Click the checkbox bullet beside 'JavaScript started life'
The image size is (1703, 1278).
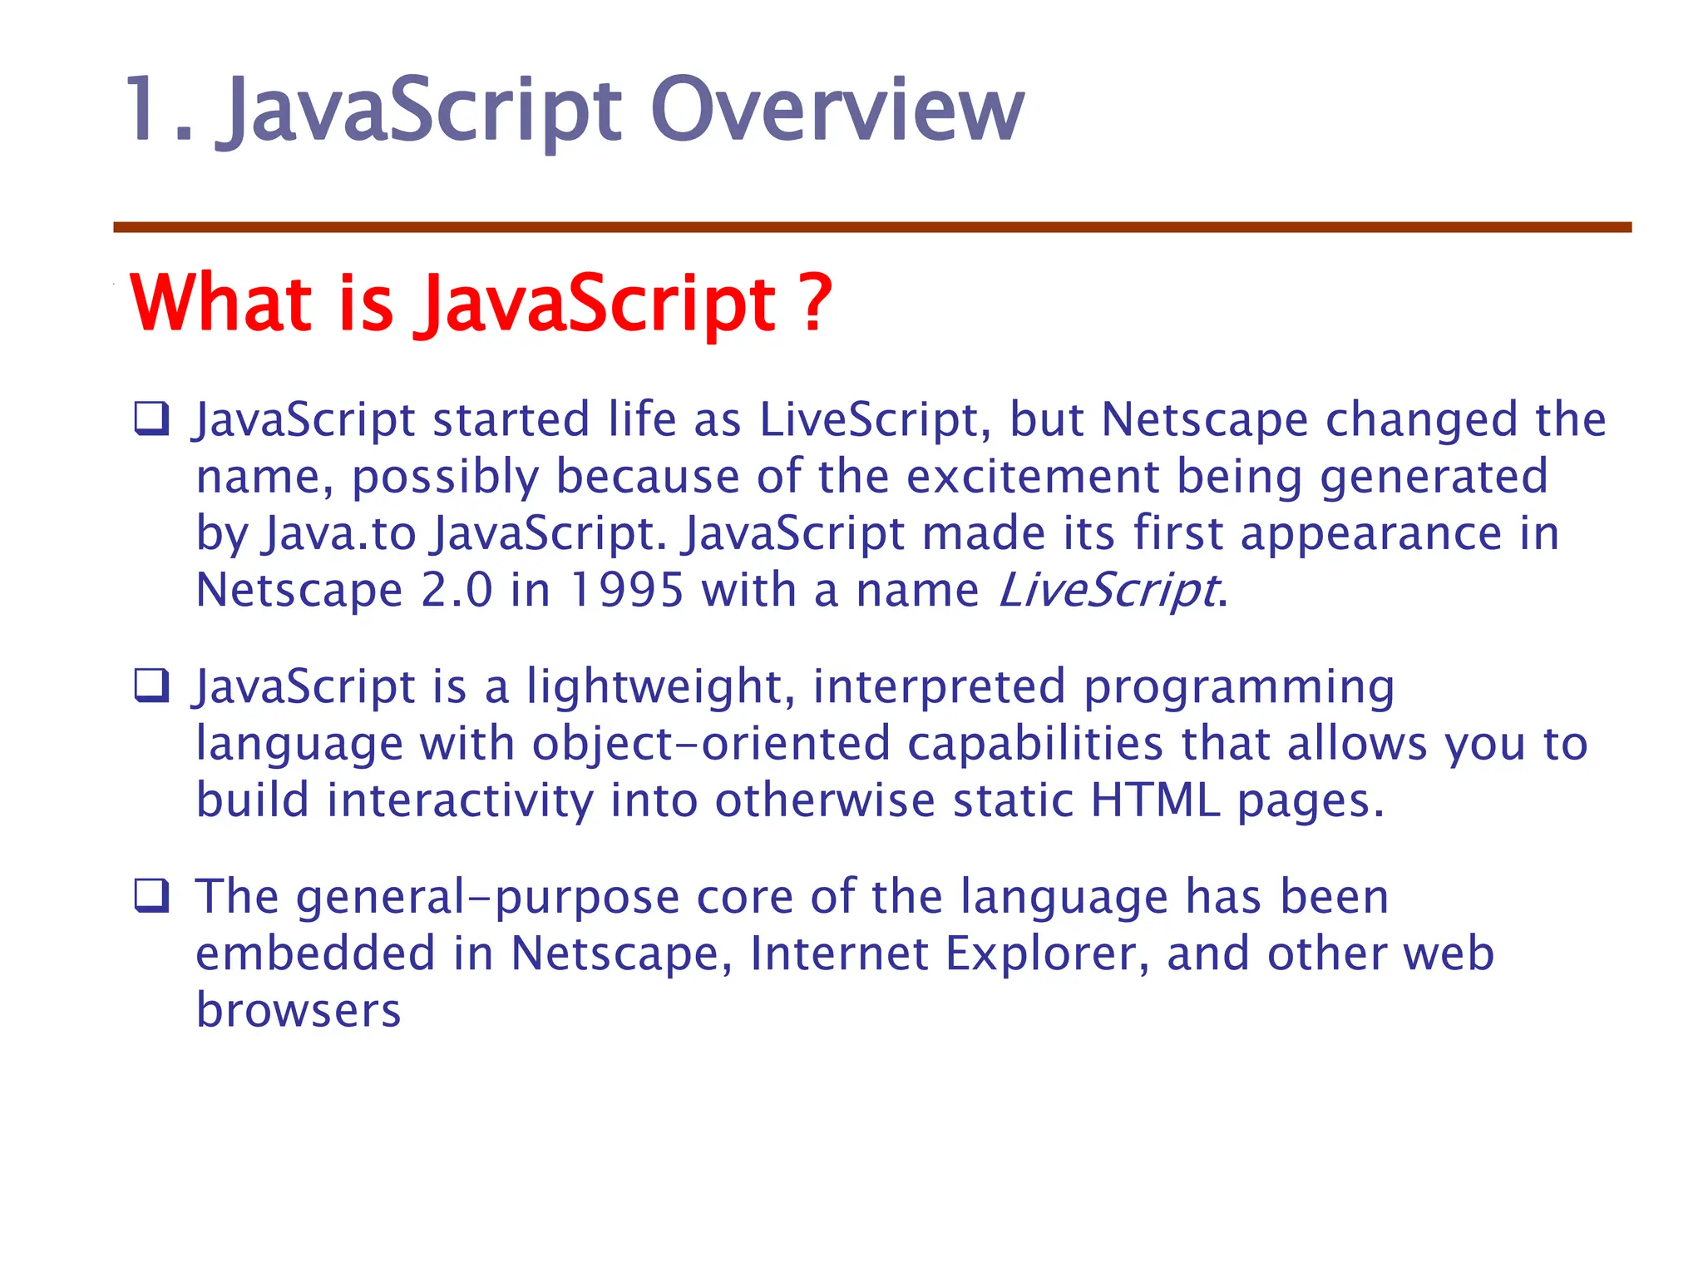pos(151,419)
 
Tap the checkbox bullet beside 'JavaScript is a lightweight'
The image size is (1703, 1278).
pos(151,686)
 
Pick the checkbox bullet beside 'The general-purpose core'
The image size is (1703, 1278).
pos(151,896)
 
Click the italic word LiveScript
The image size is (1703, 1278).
pos(1108,591)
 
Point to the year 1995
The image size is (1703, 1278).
pos(627,591)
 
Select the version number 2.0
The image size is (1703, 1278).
pos(457,591)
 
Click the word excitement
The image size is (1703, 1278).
pos(1031,477)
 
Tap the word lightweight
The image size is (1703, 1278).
pos(654,687)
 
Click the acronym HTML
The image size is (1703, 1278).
pos(1155,800)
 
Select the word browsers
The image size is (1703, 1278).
pos(299,1010)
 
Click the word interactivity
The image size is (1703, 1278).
pos(460,800)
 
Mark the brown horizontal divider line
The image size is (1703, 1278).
pos(871,227)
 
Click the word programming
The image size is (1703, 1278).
pos(1238,687)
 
